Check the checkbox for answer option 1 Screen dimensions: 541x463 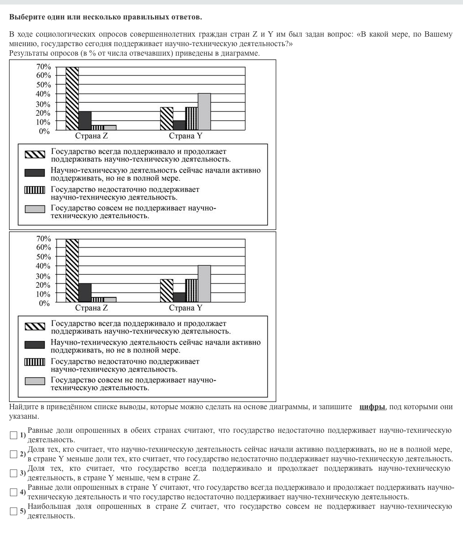pos(14,435)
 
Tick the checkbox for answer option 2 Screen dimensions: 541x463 pos(14,454)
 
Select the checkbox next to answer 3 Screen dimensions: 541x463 pos(14,473)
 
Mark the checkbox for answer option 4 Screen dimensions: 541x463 pos(14,492)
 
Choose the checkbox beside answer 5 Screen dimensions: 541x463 pos(14,511)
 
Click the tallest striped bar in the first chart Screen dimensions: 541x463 pos(72,99)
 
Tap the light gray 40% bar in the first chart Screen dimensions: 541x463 pos(204,112)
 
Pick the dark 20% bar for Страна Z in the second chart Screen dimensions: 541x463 pos(85,293)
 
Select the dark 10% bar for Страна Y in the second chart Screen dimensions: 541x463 pos(179,297)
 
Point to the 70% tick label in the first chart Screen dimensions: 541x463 pos(43,67)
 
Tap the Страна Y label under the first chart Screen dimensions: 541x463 pos(185,136)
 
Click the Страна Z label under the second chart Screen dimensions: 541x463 pos(91,308)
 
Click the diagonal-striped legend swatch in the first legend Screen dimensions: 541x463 pos(35,154)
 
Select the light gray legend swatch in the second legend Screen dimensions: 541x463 pos(35,381)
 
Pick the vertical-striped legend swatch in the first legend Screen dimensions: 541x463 pos(35,190)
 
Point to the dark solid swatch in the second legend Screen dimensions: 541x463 pos(35,345)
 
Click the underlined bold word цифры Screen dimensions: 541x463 pos(372,407)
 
